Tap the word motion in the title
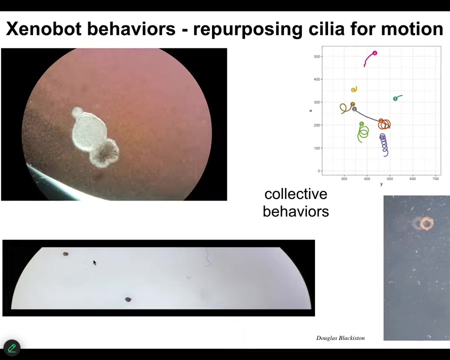412,28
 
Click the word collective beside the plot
295,194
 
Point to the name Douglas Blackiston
340,338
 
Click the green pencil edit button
12,348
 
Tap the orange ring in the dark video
427,223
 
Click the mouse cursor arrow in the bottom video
94,262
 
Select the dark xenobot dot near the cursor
65,254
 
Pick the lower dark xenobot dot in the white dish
128,299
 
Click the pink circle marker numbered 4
374,53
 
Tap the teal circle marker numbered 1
395,99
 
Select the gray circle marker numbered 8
354,109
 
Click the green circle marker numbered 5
361,124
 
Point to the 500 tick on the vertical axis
316,56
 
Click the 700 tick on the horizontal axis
435,178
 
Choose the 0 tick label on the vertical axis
318,171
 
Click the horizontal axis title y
381,184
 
